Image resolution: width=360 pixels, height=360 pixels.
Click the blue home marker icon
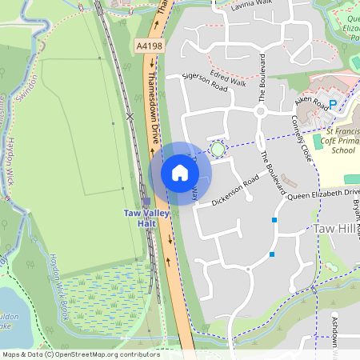[x=180, y=172]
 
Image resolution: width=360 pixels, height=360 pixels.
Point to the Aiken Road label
[x=311, y=102]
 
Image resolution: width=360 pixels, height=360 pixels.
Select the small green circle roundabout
[x=218, y=148]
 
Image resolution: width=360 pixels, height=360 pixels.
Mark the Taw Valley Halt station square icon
[x=146, y=202]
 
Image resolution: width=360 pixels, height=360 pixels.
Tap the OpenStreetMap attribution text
[x=80, y=354]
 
